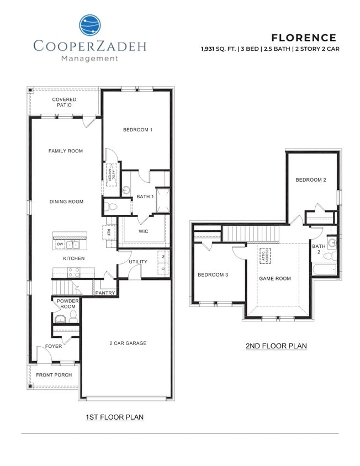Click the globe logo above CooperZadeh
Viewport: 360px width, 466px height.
(x=90, y=25)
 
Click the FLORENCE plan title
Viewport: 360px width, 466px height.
(x=303, y=38)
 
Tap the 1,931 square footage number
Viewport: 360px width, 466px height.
(x=210, y=49)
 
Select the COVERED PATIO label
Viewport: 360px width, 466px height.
(x=64, y=102)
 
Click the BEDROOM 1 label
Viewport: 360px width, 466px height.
(x=137, y=130)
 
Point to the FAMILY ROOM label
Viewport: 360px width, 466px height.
(x=65, y=151)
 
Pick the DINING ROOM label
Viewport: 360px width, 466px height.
(x=66, y=202)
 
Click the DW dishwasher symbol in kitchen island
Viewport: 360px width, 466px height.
(x=59, y=244)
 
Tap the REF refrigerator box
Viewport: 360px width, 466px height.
(x=108, y=232)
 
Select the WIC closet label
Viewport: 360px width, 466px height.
(x=144, y=231)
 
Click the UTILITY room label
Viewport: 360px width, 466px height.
(x=138, y=262)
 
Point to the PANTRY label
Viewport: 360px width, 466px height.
(x=105, y=293)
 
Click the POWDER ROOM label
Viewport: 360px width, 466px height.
(x=67, y=304)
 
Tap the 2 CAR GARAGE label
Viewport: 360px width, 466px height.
(x=128, y=343)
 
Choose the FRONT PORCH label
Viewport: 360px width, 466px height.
(x=54, y=375)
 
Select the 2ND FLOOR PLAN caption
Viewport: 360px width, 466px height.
(x=276, y=346)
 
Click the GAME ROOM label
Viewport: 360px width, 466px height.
(x=274, y=278)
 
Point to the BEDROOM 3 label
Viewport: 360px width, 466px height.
(x=213, y=274)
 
